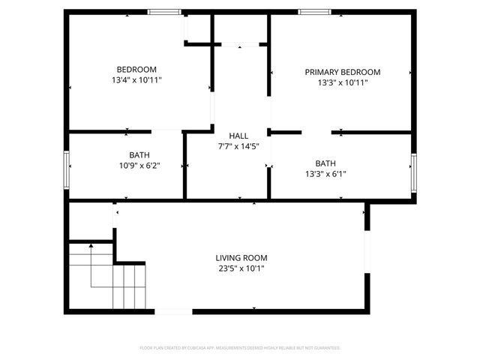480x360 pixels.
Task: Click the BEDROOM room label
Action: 136,69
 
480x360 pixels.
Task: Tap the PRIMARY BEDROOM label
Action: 342,72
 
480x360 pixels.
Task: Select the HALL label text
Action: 238,135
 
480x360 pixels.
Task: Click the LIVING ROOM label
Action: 241,257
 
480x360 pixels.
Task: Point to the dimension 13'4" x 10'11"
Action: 136,79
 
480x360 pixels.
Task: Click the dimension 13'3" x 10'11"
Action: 342,82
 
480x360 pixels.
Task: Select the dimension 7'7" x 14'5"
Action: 238,146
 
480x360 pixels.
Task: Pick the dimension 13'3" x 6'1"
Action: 325,173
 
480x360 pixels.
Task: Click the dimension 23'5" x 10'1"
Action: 241,268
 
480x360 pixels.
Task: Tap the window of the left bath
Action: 67,169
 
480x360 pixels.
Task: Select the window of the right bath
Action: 413,172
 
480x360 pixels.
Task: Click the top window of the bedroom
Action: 164,11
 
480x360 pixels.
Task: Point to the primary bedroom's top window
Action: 314,11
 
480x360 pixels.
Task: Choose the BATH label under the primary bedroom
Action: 325,163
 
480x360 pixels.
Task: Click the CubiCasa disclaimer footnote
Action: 240,348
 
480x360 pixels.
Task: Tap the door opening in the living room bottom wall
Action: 172,310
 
